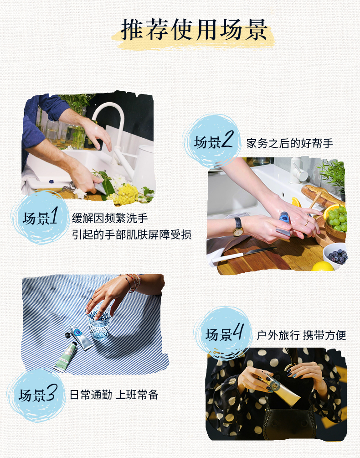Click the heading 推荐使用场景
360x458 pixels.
[x=194, y=30]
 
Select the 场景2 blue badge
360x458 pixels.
[x=212, y=141]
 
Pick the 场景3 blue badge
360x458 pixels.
[x=37, y=395]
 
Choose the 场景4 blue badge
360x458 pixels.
[x=223, y=333]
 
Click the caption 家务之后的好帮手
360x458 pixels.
[x=290, y=143]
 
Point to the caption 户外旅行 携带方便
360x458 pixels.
[x=301, y=335]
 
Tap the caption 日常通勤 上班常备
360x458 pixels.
[x=114, y=395]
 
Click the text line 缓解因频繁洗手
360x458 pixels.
[x=110, y=218]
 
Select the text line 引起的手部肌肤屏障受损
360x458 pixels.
[x=132, y=234]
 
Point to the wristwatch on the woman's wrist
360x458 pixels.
[x=237, y=227]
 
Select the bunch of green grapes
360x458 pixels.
[x=337, y=218]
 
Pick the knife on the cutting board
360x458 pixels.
[x=243, y=255]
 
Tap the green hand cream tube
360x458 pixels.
[x=66, y=357]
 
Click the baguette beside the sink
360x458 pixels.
[x=321, y=196]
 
